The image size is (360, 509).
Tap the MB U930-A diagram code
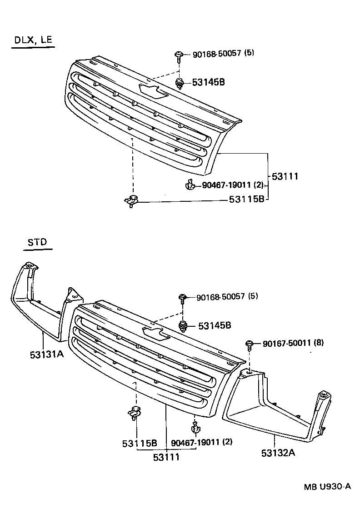click(327, 486)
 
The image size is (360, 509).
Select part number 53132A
click(278, 453)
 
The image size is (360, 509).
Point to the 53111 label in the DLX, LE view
click(285, 176)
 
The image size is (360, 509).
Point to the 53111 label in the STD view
click(165, 457)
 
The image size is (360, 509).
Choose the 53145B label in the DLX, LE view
click(208, 82)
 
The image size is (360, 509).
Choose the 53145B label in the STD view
click(215, 325)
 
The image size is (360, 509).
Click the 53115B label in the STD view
click(139, 443)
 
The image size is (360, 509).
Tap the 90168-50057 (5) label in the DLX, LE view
click(223, 53)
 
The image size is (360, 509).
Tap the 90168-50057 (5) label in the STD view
click(227, 297)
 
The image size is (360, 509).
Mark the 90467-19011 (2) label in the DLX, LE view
click(232, 185)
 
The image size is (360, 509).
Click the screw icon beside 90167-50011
click(250, 344)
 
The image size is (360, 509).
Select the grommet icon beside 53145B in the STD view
click(183, 325)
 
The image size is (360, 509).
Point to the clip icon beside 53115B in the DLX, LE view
click(131, 200)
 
